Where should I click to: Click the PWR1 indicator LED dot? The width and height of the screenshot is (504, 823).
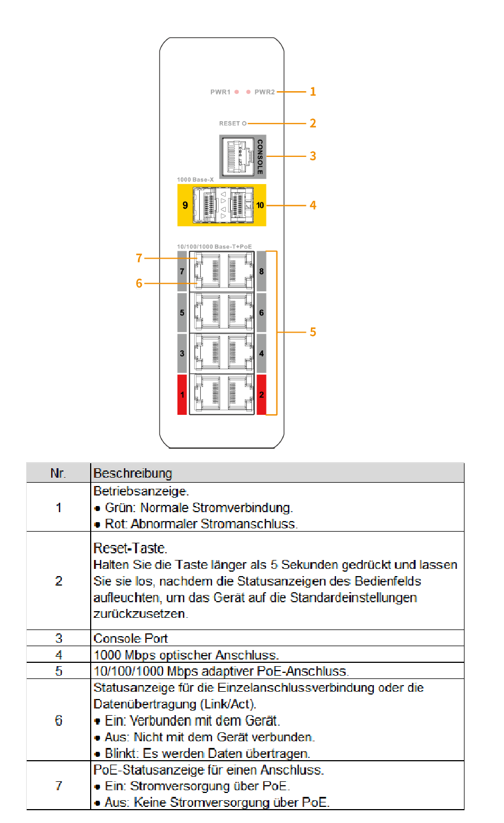[x=237, y=92]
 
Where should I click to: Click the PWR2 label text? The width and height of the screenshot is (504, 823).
[x=265, y=92]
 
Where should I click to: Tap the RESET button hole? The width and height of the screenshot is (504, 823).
[x=244, y=123]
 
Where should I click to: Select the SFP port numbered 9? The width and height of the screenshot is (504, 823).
[x=205, y=205]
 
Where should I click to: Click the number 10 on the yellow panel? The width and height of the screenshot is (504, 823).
[x=260, y=205]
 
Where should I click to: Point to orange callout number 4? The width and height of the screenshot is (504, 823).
[x=313, y=205]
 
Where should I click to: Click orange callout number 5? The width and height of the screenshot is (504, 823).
[x=313, y=332]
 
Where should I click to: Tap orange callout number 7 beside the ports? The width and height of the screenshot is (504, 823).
[x=139, y=258]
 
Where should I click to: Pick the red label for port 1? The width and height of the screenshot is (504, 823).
[x=182, y=395]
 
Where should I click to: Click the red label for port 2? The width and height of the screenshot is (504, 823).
[x=261, y=395]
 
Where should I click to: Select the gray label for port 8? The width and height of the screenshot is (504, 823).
[x=261, y=271]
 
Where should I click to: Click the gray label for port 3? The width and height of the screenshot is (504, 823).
[x=182, y=353]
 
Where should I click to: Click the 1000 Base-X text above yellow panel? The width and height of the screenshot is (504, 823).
[x=195, y=180]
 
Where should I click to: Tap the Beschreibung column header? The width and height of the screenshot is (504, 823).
[x=132, y=473]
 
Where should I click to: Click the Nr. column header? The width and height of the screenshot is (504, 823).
[x=58, y=473]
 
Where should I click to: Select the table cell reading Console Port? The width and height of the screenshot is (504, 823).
[x=131, y=638]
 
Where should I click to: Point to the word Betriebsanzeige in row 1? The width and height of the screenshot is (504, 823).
[x=141, y=491]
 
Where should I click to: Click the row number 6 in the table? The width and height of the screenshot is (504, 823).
[x=58, y=721]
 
